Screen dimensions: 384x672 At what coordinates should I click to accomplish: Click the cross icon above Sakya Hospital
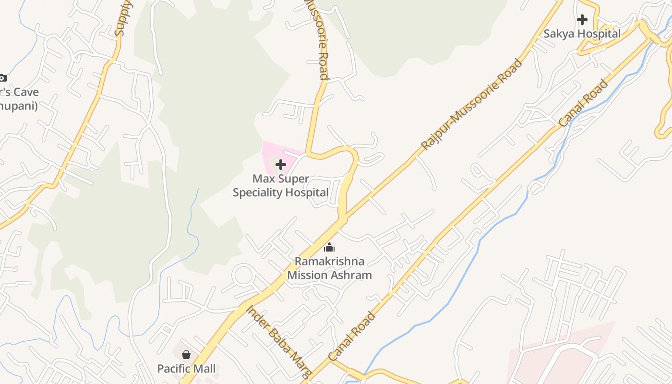point(582,20)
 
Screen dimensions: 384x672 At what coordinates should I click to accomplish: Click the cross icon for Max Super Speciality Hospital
point(281,165)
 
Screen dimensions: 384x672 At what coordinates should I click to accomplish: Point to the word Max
point(263,179)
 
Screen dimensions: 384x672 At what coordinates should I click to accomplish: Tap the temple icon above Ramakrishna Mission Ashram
point(329,248)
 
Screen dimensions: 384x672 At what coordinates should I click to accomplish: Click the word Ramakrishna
point(329,262)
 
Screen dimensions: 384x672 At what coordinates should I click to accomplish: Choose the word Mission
point(305,276)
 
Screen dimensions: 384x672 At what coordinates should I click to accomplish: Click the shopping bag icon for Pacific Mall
point(186,355)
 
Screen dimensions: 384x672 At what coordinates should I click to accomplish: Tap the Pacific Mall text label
point(186,369)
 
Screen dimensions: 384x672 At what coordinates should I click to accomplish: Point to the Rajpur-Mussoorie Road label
point(471,104)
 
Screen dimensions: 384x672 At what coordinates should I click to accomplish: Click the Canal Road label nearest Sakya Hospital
point(584,103)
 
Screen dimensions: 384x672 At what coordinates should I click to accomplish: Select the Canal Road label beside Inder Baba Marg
point(352,336)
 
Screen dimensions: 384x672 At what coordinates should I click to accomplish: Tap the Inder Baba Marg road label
point(279,341)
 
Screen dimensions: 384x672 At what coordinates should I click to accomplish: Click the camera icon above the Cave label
point(2,78)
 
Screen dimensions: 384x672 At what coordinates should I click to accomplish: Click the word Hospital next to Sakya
point(599,34)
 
